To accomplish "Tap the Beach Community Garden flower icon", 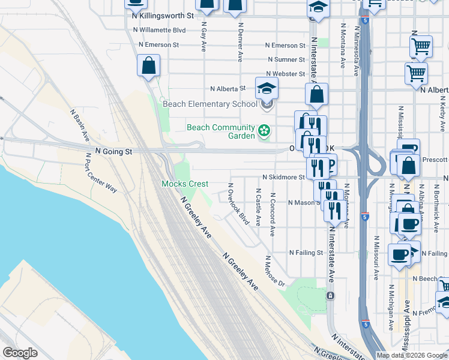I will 263,130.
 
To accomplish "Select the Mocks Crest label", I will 185,184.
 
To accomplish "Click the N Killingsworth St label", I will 163,16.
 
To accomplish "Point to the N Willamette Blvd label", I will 158,30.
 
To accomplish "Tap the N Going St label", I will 113,152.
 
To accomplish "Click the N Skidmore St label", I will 283,178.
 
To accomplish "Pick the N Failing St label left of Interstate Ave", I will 306,253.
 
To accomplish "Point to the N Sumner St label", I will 286,60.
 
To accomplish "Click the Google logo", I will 20,353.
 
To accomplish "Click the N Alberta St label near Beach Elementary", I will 228,88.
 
